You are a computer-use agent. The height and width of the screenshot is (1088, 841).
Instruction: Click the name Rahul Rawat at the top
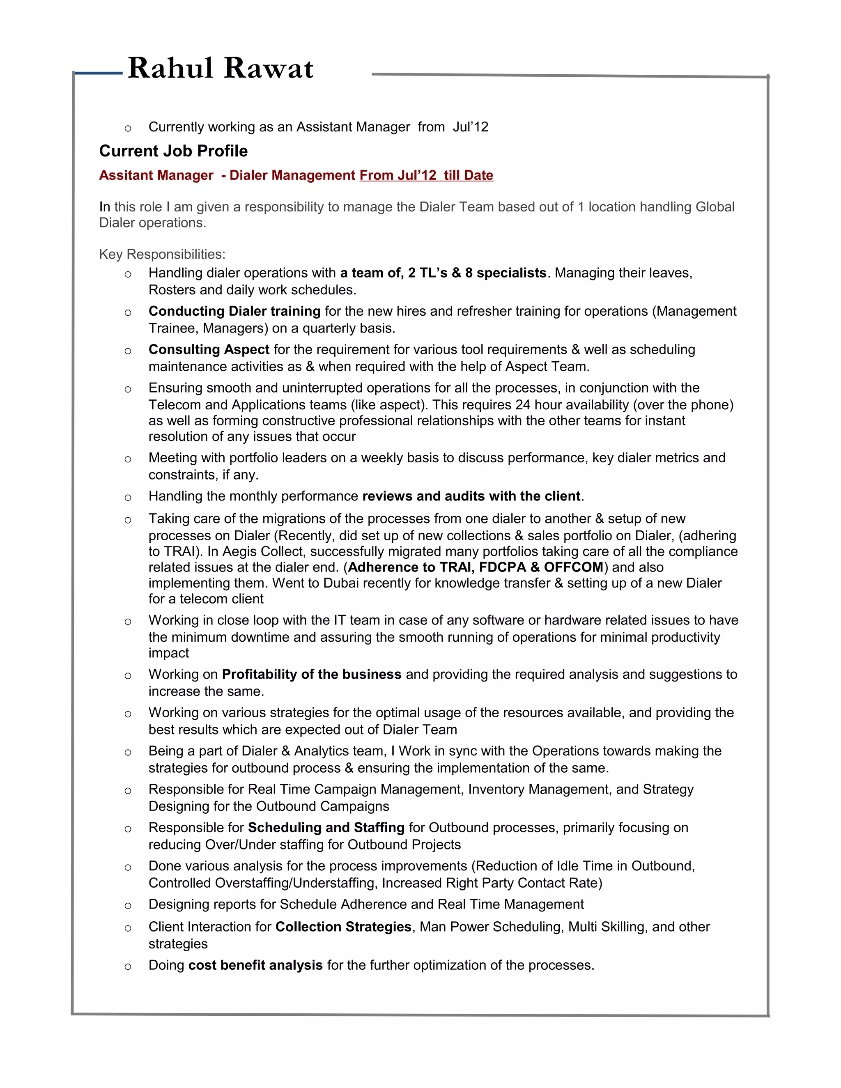220,68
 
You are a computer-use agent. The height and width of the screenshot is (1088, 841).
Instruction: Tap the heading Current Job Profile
173,151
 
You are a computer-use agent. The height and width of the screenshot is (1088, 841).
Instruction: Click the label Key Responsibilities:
162,254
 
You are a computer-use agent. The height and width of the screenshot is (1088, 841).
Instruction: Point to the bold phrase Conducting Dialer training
234,311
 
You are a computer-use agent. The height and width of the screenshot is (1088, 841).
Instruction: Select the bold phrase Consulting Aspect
209,349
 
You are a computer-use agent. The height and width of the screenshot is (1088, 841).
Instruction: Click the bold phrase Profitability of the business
311,674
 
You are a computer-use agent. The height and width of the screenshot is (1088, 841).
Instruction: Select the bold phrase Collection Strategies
343,927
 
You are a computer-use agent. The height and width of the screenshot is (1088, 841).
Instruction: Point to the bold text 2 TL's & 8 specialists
477,273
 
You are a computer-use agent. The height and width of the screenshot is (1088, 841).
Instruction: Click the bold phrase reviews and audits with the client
471,496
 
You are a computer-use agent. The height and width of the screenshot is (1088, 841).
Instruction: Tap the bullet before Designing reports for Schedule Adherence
128,905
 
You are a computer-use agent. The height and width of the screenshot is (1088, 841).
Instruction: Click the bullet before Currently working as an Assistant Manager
128,128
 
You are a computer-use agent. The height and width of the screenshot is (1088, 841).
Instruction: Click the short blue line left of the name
99,73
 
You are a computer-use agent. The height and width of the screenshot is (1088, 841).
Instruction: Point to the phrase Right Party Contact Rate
524,883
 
